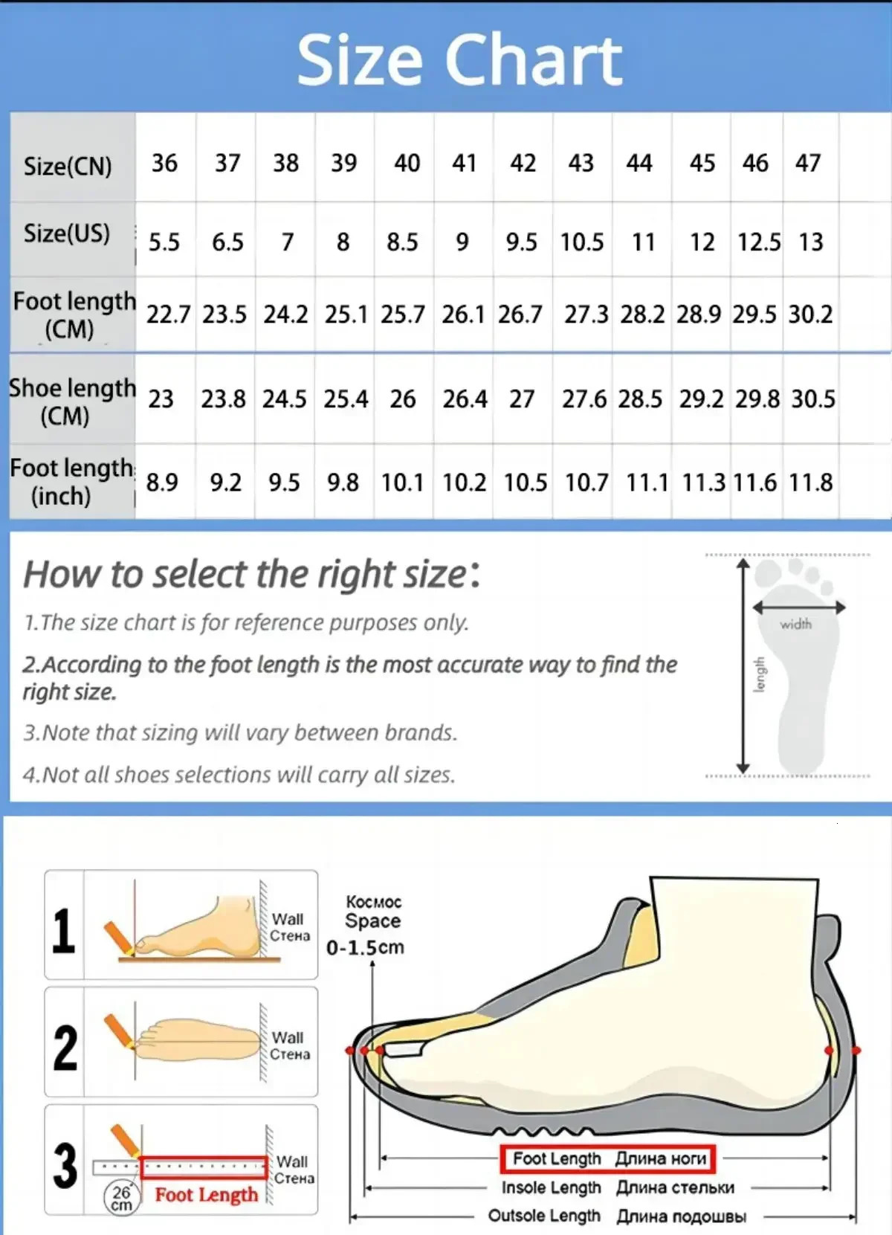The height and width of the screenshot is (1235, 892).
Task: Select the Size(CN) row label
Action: pyautogui.click(x=68, y=165)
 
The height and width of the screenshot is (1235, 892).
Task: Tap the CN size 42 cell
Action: pyautogui.click(x=523, y=163)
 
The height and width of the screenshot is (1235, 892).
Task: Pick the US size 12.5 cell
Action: pyautogui.click(x=758, y=242)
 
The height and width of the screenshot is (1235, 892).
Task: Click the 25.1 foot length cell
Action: pyautogui.click(x=346, y=315)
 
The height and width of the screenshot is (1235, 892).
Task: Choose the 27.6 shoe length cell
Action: pyautogui.click(x=584, y=399)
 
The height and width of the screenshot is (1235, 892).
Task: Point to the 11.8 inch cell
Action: pyautogui.click(x=810, y=483)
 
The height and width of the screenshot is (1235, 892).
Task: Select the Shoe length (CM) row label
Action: pyautogui.click(x=71, y=402)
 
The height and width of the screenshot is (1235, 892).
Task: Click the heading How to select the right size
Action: pyautogui.click(x=251, y=574)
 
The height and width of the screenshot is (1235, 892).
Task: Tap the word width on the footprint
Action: pyautogui.click(x=795, y=625)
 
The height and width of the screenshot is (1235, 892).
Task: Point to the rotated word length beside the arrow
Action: pyautogui.click(x=759, y=674)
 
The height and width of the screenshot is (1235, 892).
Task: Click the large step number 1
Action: pyautogui.click(x=64, y=930)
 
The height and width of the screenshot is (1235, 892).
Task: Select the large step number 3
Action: pyautogui.click(x=65, y=1165)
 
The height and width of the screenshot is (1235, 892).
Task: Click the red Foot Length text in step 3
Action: pyautogui.click(x=206, y=1195)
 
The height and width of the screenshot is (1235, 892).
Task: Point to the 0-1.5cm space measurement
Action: pyautogui.click(x=365, y=947)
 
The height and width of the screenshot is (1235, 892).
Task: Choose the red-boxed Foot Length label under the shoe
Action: pyautogui.click(x=608, y=1158)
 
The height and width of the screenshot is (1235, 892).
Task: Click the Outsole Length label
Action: pyautogui.click(x=543, y=1216)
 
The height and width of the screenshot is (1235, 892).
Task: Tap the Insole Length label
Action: pyautogui.click(x=551, y=1187)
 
